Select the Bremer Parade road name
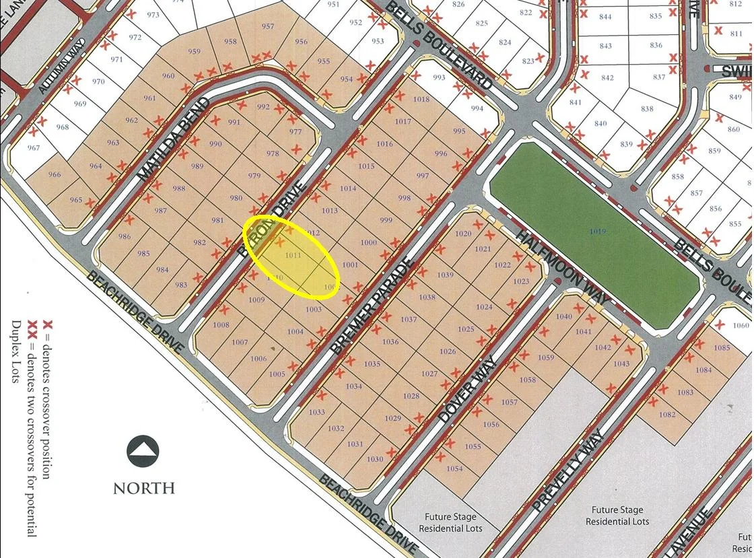(x=370, y=304)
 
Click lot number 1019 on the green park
(x=594, y=232)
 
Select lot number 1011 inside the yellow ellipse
(x=293, y=255)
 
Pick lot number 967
(x=34, y=148)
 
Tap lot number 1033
(x=316, y=413)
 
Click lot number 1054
(x=454, y=468)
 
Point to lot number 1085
(x=722, y=348)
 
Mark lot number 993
(x=439, y=77)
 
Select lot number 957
(x=268, y=27)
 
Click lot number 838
(x=646, y=109)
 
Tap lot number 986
(x=125, y=236)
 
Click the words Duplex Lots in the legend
(x=15, y=351)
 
